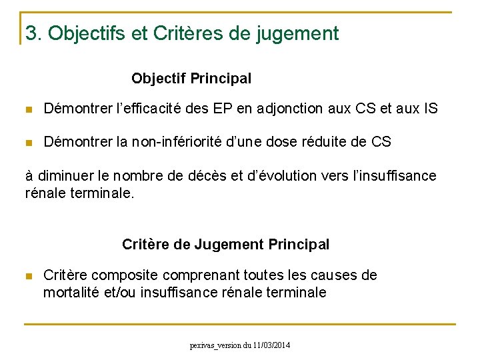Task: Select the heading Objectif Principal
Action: coord(191,79)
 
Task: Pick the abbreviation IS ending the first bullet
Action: coord(430,109)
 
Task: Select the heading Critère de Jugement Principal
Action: coord(225,245)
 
